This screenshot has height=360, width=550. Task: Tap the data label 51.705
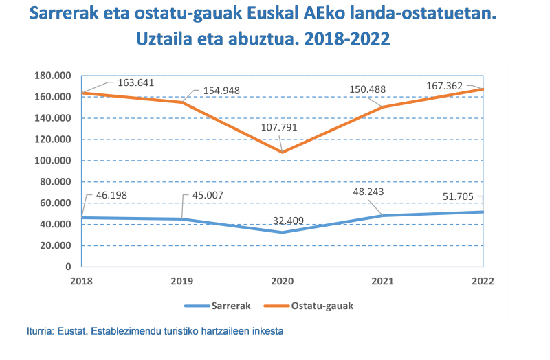[455, 197]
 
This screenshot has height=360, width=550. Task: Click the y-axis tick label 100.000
[53, 161]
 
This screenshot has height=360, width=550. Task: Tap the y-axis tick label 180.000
[53, 76]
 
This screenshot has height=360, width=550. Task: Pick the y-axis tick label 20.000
[56, 245]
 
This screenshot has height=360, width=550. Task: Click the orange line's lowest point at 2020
[282, 152]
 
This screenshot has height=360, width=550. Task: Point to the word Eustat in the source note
[69, 330]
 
